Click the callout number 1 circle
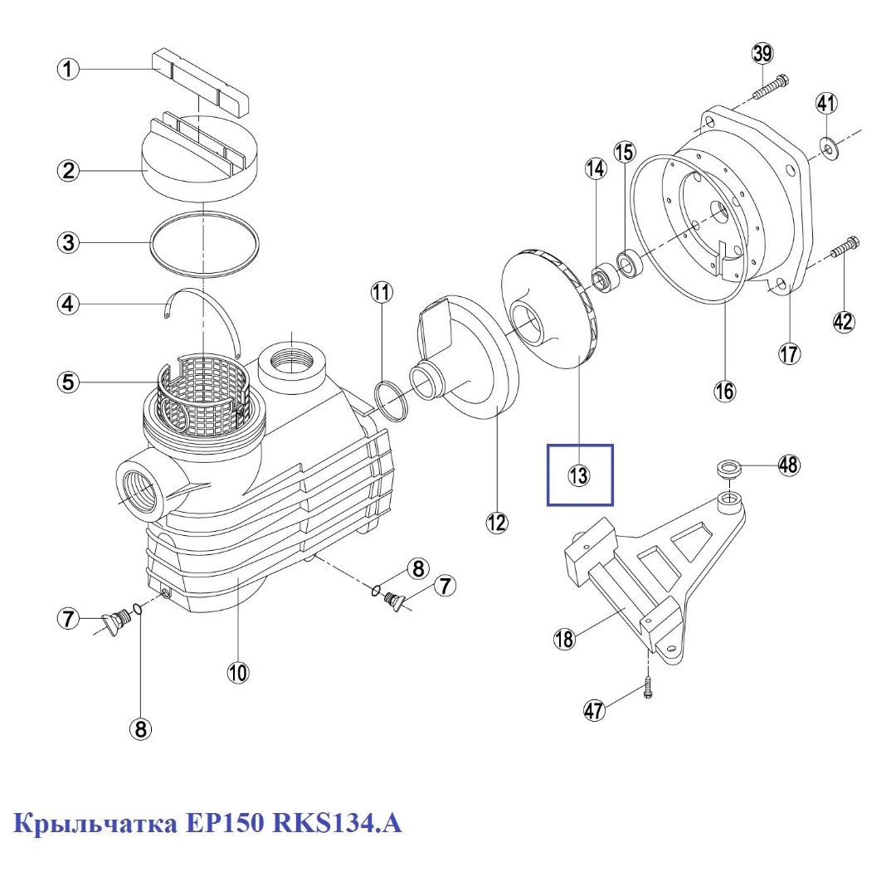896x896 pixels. tap(68, 69)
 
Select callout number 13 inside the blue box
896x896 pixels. tap(578, 475)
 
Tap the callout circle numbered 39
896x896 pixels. tap(762, 54)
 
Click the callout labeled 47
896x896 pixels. tap(594, 710)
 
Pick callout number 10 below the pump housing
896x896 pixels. tap(238, 672)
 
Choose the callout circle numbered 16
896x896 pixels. tap(725, 391)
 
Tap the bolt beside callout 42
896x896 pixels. tap(845, 246)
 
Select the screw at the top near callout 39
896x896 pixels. tap(772, 85)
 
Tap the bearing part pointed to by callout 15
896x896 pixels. tap(628, 262)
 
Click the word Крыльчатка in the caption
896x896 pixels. tap(96, 825)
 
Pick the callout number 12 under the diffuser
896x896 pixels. tap(496, 522)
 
